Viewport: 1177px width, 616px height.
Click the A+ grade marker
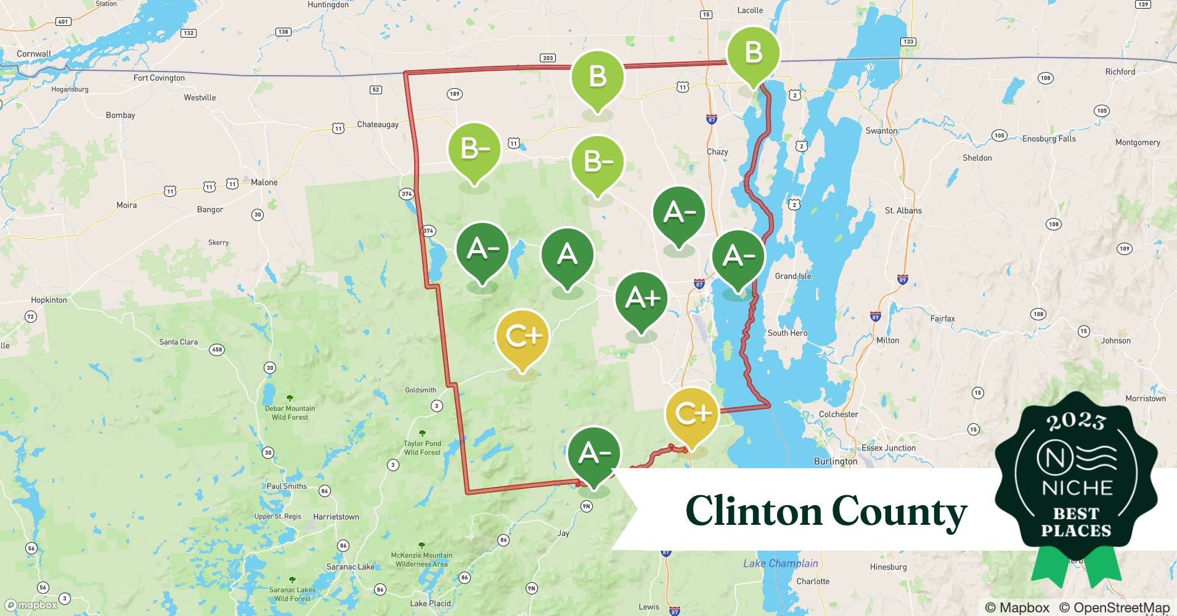(x=641, y=299)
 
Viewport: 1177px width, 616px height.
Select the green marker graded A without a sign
(x=567, y=254)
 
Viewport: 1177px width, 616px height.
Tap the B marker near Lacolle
(x=753, y=53)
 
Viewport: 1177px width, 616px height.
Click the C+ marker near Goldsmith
(x=522, y=336)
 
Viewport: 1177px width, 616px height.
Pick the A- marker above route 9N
(x=594, y=453)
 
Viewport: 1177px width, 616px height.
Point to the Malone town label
(x=264, y=182)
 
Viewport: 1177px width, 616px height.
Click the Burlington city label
(x=835, y=461)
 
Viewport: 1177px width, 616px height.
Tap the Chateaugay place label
(x=377, y=124)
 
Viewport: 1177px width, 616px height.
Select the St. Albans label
(x=903, y=211)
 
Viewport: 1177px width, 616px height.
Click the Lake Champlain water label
(x=780, y=563)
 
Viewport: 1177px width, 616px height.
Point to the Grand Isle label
(x=792, y=276)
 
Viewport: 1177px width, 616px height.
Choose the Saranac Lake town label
(x=350, y=567)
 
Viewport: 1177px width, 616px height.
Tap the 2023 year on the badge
(x=1075, y=421)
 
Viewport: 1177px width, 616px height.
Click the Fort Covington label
(x=159, y=78)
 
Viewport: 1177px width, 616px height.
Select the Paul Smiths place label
(x=287, y=486)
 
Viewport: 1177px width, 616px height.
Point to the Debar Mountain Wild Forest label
(x=290, y=413)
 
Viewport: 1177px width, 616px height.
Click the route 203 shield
(x=547, y=58)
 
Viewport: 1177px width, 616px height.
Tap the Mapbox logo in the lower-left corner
(x=31, y=605)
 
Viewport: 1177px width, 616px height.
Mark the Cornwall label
(x=34, y=54)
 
